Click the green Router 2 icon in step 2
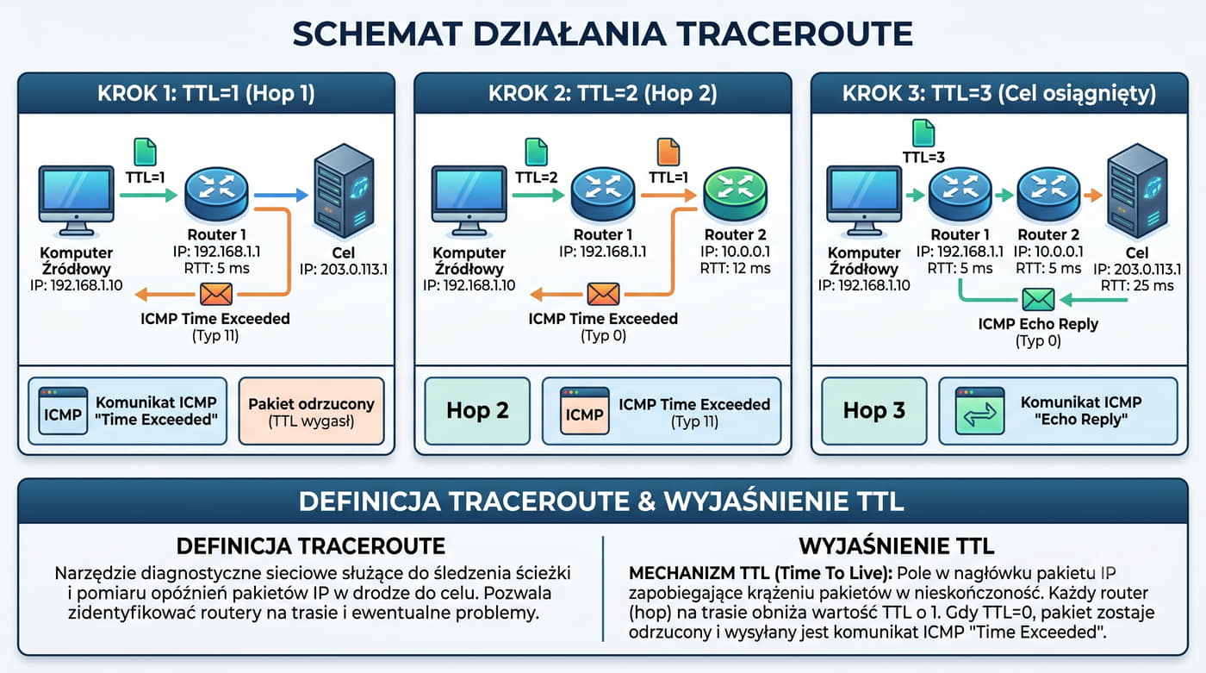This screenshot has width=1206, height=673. coord(735,195)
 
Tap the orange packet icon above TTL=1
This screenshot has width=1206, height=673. coord(668,152)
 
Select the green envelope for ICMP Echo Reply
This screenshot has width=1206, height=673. coord(1038,300)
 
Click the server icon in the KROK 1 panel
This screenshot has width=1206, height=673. coord(344,190)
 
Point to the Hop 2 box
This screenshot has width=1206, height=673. coord(477,411)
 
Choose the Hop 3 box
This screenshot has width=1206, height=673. coord(873,411)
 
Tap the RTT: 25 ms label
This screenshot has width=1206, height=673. coord(1136,285)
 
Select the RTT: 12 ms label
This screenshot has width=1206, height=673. coord(735,268)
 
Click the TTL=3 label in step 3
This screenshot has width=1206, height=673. coord(923,157)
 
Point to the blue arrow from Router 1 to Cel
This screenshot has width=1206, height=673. coord(281,195)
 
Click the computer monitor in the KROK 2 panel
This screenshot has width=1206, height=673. coord(469,201)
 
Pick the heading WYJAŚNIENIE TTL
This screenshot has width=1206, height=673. coord(897,546)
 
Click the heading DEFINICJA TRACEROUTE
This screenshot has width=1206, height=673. coord(311,546)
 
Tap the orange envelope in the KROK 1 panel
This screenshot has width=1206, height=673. coord(216,294)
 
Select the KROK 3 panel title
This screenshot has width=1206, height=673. coord(999,93)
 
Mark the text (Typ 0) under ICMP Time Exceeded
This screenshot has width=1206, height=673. coord(603,336)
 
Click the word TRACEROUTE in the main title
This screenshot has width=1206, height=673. coord(794,34)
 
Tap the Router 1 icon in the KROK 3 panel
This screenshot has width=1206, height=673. coord(960,195)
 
